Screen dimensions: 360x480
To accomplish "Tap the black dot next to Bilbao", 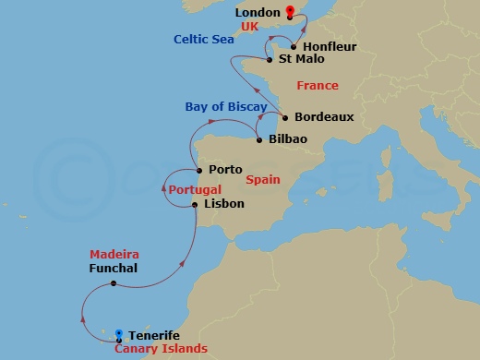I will (258, 141).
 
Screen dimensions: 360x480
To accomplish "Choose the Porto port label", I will (225, 170).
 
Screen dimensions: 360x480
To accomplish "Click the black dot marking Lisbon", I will (196, 204).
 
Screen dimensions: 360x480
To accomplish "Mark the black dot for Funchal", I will (114, 283).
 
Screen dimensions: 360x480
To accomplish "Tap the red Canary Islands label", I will (161, 349).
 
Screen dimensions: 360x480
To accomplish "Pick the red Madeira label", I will (114, 254).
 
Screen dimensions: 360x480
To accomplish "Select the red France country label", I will (317, 86).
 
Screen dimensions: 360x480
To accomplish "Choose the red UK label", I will (249, 28).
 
